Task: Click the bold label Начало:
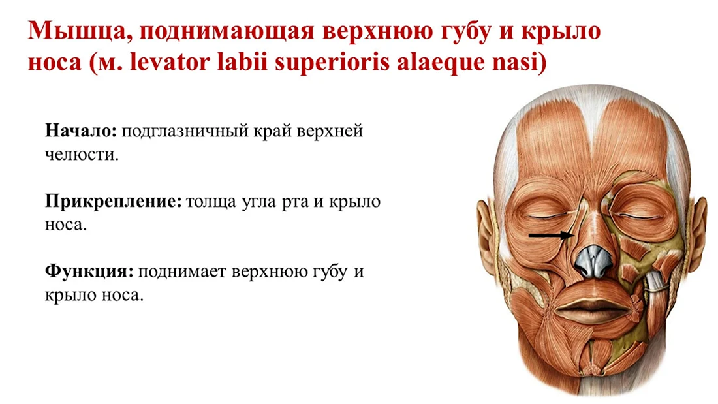pyautogui.click(x=81, y=131)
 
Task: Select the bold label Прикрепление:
pyautogui.click(x=114, y=202)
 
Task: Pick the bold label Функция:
pyautogui.click(x=89, y=272)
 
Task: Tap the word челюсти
pyautogui.click(x=82, y=155)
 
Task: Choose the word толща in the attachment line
pyautogui.click(x=211, y=202)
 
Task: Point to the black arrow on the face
pyautogui.click(x=552, y=236)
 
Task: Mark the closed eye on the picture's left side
pyautogui.click(x=548, y=215)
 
